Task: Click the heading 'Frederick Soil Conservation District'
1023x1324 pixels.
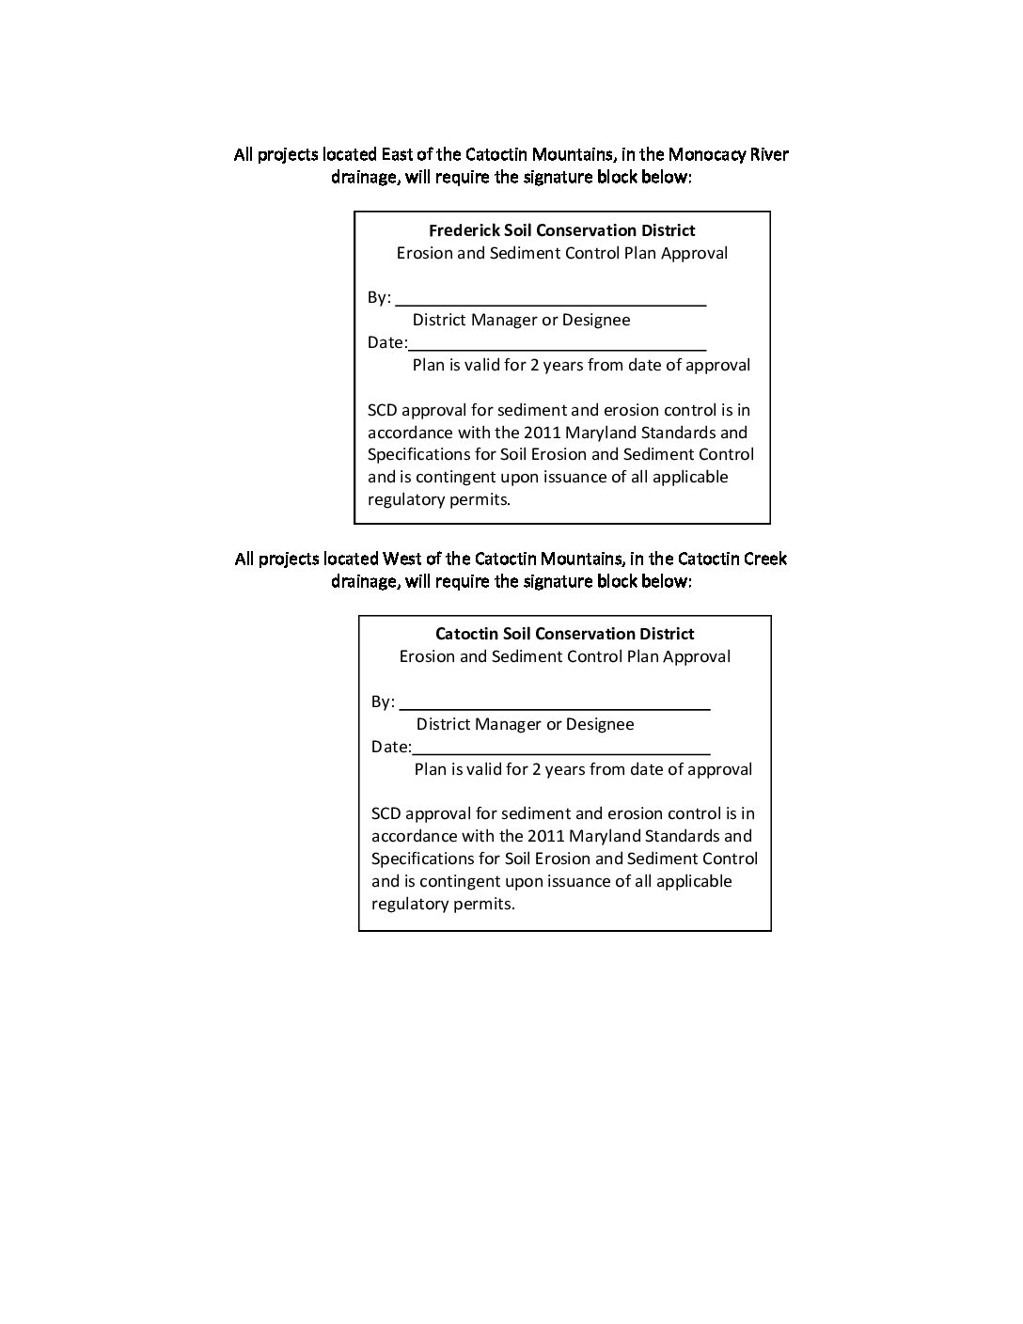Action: click(x=561, y=230)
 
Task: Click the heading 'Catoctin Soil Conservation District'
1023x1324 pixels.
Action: click(x=564, y=635)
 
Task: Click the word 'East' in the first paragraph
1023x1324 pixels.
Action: click(x=397, y=154)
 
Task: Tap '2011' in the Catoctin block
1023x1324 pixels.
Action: click(x=546, y=836)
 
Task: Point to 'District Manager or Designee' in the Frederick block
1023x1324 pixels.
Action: click(x=521, y=321)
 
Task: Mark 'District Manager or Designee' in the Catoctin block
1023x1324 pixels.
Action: click(x=525, y=725)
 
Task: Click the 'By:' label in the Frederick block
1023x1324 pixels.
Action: click(x=379, y=298)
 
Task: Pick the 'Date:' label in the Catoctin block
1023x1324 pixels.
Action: click(x=391, y=748)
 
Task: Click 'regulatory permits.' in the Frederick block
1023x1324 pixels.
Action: click(x=438, y=500)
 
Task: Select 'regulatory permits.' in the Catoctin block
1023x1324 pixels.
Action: click(x=443, y=905)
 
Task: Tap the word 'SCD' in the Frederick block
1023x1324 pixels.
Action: click(x=384, y=410)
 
